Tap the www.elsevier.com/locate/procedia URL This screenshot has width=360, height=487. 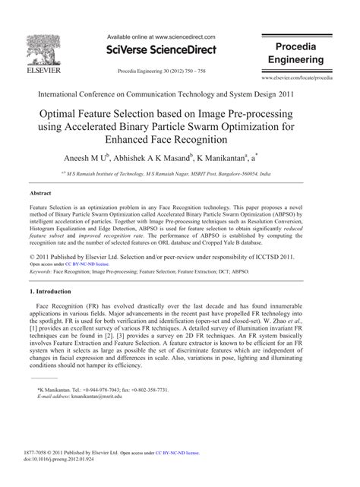308,78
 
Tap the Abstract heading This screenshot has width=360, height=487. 41,194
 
